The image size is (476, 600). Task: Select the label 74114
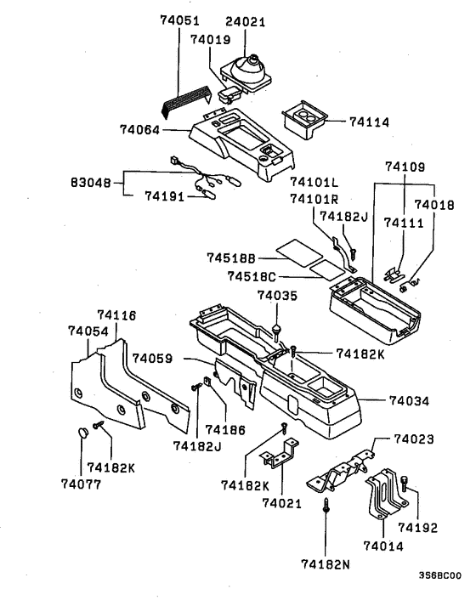click(369, 122)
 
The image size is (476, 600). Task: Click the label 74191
click(165, 195)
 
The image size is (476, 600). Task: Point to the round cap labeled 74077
click(82, 433)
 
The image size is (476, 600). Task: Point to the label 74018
click(434, 205)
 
